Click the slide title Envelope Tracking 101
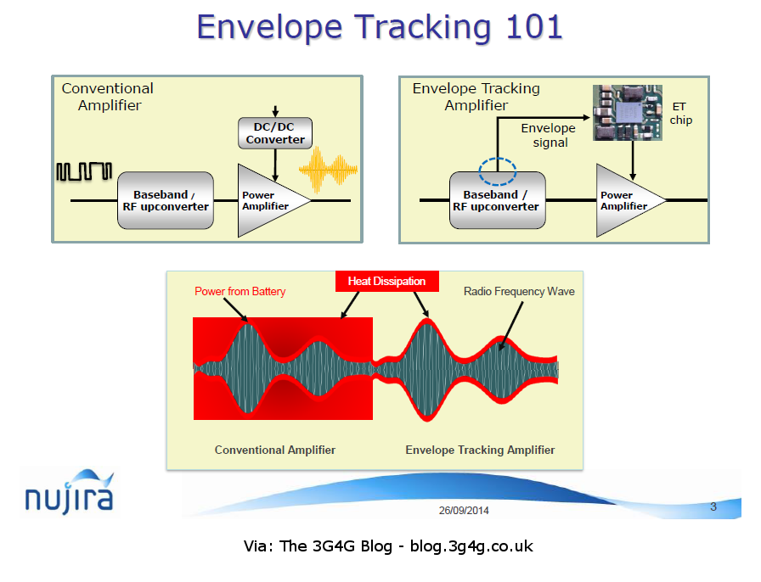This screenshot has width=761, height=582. click(380, 27)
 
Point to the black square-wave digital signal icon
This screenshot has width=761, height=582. click(83, 171)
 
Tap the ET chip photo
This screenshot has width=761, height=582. click(627, 112)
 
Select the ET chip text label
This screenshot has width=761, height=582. click(681, 113)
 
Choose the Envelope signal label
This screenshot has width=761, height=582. click(548, 136)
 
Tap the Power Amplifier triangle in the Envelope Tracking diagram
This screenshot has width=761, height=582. click(625, 200)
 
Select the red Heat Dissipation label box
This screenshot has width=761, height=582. click(386, 281)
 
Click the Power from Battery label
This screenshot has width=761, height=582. click(240, 292)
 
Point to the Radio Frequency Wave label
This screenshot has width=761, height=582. click(519, 292)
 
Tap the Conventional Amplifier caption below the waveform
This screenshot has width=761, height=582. click(274, 450)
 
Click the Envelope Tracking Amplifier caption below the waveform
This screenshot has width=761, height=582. click(480, 450)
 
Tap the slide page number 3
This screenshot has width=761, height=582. click(713, 507)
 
